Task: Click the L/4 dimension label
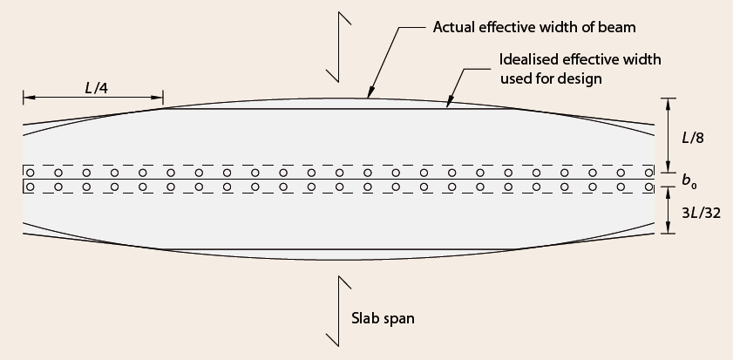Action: pos(97,87)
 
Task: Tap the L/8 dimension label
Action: pos(693,138)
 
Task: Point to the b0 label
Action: pos(689,180)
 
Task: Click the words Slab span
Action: pos(383,318)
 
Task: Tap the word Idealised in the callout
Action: pos(529,59)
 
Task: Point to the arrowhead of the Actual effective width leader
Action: pos(370,93)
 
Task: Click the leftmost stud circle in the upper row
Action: pos(30,173)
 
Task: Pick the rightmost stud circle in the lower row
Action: pos(648,187)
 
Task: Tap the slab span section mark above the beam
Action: pos(338,47)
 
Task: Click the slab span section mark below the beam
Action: pos(338,311)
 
